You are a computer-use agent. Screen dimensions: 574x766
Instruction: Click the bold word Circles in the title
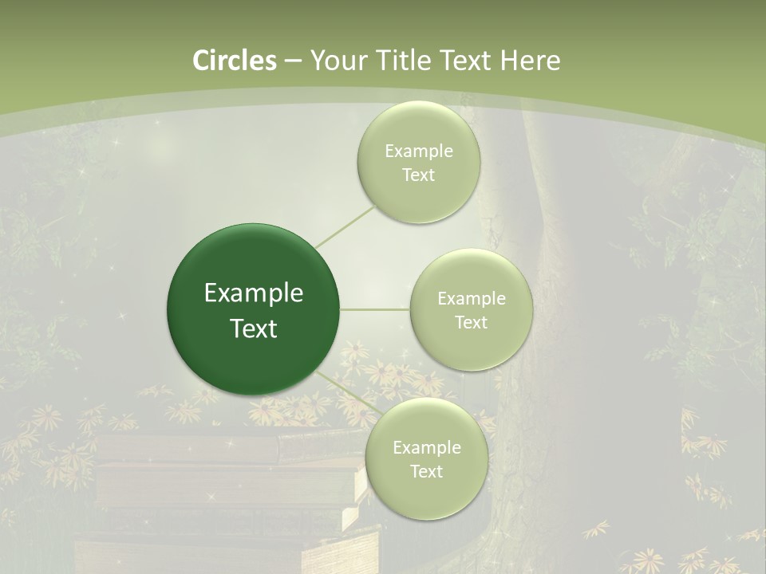(234, 61)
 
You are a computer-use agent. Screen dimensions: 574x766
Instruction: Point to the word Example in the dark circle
(254, 293)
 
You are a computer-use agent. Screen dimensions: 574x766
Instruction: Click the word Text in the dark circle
(254, 328)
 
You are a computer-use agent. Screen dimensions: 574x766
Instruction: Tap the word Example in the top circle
(419, 151)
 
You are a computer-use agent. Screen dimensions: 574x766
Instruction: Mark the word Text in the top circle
(418, 175)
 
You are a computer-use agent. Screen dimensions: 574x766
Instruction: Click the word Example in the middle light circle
(472, 299)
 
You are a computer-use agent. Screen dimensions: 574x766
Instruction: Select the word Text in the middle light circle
(471, 323)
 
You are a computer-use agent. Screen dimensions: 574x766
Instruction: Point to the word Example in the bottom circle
(427, 448)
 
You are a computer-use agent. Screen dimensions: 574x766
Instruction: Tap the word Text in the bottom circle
(426, 472)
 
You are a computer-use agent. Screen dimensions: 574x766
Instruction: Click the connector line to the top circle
(345, 226)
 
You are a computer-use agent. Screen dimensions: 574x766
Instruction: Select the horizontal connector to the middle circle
(374, 309)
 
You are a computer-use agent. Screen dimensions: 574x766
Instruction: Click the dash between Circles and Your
(292, 61)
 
